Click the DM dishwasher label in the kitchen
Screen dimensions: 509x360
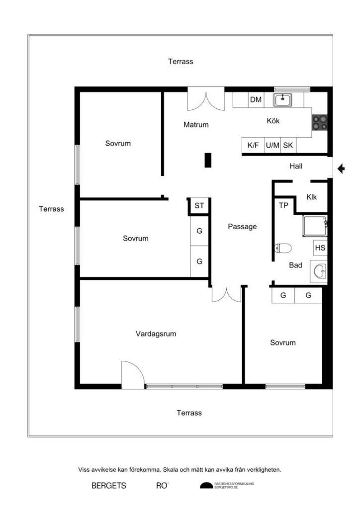tap(256, 100)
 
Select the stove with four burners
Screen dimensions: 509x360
tap(319, 122)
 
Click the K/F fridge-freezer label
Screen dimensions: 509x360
tap(253, 146)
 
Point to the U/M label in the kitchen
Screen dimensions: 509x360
tap(272, 146)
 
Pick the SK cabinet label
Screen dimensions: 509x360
tap(288, 146)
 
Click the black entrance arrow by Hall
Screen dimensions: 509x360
tap(341, 169)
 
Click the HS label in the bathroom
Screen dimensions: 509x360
tap(320, 248)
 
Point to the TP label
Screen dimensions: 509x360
tap(283, 205)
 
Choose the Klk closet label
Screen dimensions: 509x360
tap(312, 197)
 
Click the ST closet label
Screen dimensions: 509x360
tap(199, 205)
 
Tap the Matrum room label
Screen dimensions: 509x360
tap(196, 125)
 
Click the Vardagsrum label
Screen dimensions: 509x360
tap(156, 334)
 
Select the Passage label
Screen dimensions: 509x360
tap(242, 227)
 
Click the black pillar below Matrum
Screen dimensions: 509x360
tap(208, 160)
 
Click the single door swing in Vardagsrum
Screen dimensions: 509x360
tap(132, 375)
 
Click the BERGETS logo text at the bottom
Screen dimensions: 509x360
tap(108, 486)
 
